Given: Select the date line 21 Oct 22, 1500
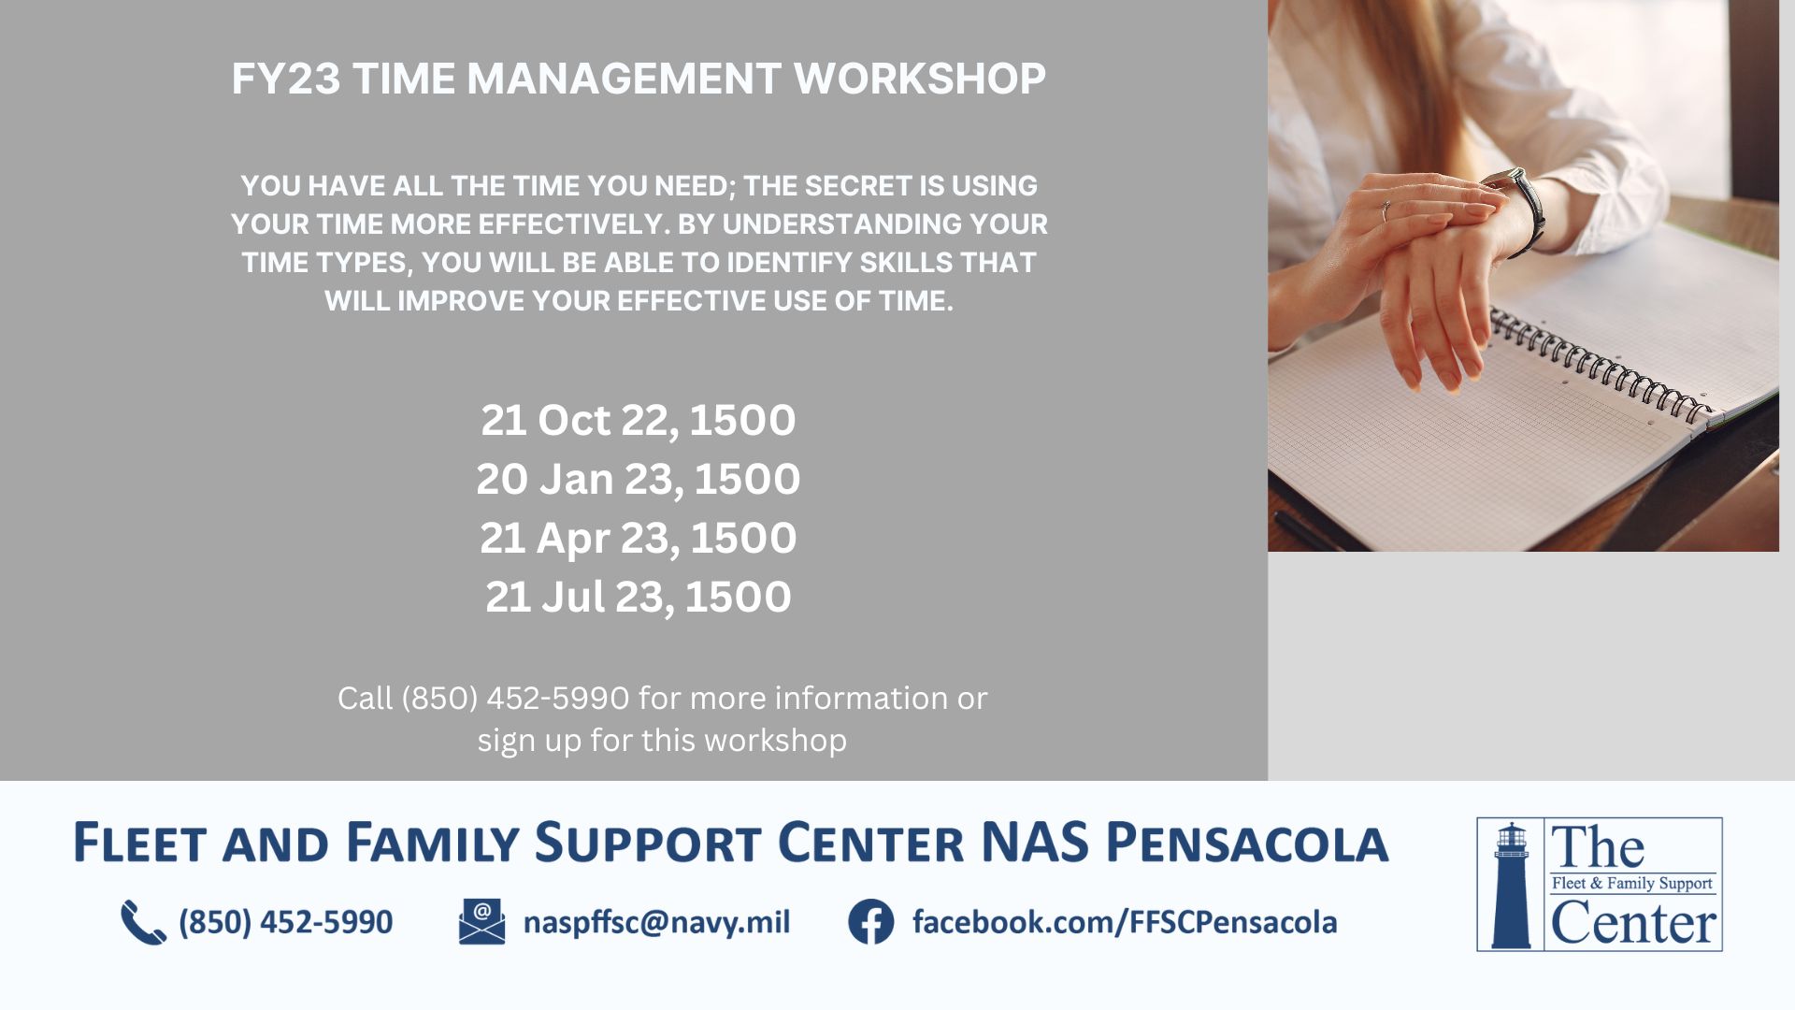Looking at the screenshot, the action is point(639,421).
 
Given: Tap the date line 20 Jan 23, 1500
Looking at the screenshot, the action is point(639,480).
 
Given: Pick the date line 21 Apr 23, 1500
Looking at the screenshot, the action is point(639,539).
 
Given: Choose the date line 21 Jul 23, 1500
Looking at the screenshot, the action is point(639,597).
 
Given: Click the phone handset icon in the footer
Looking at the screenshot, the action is point(143,922).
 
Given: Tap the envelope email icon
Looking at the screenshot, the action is point(481,922).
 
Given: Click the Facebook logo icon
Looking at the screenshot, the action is point(871,922).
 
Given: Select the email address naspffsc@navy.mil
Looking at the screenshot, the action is point(656,922).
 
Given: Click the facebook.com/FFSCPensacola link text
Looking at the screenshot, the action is point(1125,922).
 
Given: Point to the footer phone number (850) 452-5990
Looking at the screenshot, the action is point(286,922).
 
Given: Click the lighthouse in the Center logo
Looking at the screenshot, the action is point(1511,885).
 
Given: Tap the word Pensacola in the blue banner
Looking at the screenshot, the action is point(1247,842).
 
